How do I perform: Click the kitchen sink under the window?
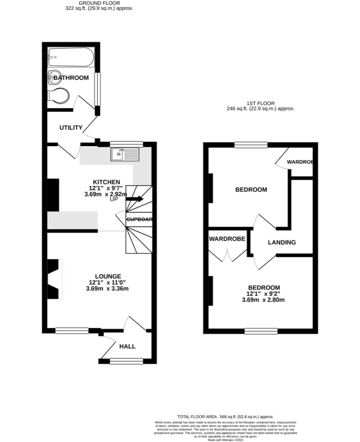pyautogui.click(x=125, y=155)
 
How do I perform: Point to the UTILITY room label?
pyautogui.click(x=71, y=128)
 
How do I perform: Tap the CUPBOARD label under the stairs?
pyautogui.click(x=139, y=219)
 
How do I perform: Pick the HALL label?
pyautogui.click(x=127, y=346)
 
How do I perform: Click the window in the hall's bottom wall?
pyautogui.click(x=126, y=361)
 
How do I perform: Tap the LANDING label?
pyautogui.click(x=281, y=242)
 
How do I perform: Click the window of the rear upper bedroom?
pyautogui.click(x=251, y=145)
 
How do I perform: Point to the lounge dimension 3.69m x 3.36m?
pyautogui.click(x=107, y=289)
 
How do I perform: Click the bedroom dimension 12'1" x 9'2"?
pyautogui.click(x=263, y=293)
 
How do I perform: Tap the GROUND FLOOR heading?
pyautogui.click(x=100, y=3)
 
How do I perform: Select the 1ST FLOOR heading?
pyautogui.click(x=260, y=104)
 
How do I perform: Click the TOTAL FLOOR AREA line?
pyautogui.click(x=225, y=417)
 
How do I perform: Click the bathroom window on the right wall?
pyautogui.click(x=97, y=89)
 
